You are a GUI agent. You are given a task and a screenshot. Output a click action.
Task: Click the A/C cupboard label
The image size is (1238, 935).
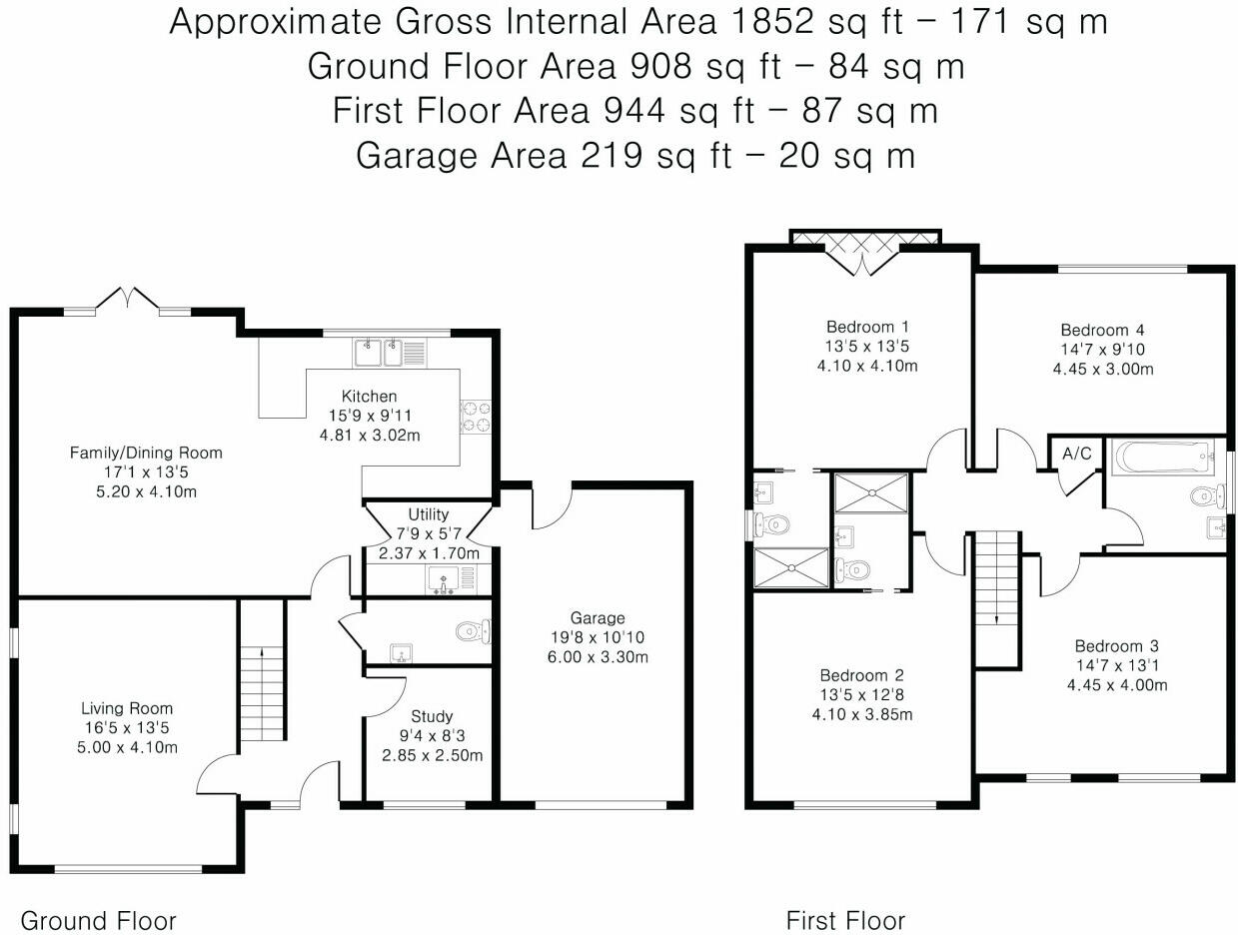pos(1076,454)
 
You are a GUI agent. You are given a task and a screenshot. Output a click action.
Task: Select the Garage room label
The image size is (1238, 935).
pos(598,617)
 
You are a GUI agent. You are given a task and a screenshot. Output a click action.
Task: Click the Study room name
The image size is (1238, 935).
pos(432,716)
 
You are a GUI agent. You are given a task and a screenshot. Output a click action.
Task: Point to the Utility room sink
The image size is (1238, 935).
pos(444,580)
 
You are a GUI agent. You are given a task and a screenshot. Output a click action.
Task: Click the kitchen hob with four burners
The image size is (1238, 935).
pos(476,417)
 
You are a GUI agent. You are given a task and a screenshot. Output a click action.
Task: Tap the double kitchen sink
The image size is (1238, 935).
pos(378,353)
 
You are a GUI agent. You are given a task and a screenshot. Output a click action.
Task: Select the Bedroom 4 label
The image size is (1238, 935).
pos(1102,330)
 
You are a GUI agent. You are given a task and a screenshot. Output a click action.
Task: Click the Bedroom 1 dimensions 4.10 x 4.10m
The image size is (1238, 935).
pos(867,366)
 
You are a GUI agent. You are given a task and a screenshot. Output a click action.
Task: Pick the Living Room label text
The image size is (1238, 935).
pos(127,708)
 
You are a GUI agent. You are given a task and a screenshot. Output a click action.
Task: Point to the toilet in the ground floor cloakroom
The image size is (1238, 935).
pos(473,631)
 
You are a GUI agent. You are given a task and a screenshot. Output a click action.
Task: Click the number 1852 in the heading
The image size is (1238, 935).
pos(771,22)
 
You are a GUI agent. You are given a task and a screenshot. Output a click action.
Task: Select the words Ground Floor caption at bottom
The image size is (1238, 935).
pos(98,921)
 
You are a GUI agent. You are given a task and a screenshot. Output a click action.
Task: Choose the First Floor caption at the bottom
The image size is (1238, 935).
pos(845,921)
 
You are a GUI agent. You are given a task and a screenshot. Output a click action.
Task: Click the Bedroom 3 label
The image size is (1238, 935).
pos(1116,646)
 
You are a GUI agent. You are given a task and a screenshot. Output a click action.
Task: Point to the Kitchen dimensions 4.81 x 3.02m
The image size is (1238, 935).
pos(370,436)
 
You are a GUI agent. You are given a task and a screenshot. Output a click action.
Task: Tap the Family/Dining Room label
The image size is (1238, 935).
pos(146,453)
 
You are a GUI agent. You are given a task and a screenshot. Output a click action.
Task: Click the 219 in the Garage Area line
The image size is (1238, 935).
pos(611,155)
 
